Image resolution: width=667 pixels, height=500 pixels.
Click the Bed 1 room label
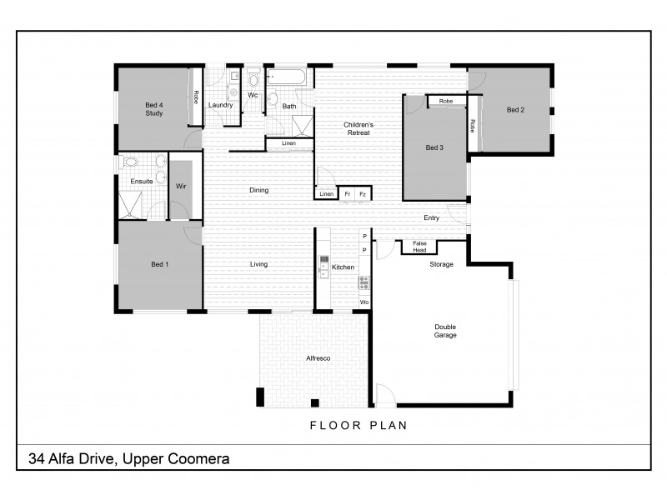159,264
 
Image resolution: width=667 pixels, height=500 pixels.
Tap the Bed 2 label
515,110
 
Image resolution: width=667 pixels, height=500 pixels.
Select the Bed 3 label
434,147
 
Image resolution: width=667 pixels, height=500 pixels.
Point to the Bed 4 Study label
153,108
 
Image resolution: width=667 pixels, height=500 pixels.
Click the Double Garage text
445,331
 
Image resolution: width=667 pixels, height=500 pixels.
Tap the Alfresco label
319,357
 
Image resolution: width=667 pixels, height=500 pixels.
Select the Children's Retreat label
359,129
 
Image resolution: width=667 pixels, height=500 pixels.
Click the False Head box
419,247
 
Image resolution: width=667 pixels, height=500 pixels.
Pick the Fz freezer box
362,194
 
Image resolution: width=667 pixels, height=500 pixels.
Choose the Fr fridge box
347,194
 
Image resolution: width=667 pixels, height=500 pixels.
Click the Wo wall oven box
364,302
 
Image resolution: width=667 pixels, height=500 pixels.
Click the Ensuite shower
129,204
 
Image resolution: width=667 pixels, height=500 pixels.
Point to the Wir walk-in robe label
181,187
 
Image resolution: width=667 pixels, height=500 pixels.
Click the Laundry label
220,105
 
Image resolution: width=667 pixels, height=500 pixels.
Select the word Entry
431,218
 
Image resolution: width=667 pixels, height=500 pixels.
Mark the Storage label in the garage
441,264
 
